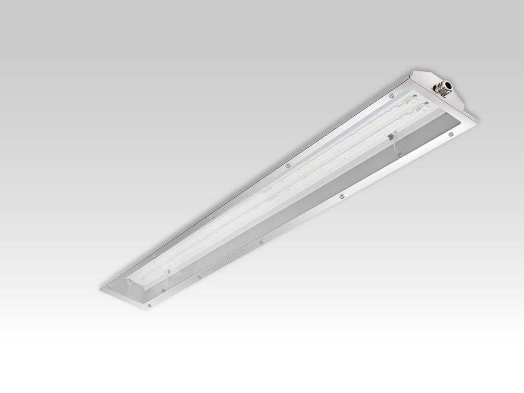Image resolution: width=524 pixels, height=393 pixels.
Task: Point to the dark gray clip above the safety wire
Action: click(x=391, y=137)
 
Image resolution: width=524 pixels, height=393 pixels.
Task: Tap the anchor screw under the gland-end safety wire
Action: click(x=400, y=154)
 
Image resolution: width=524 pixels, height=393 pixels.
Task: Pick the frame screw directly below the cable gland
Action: click(x=450, y=135)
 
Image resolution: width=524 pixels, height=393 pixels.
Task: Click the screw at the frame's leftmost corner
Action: click(x=109, y=287)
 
